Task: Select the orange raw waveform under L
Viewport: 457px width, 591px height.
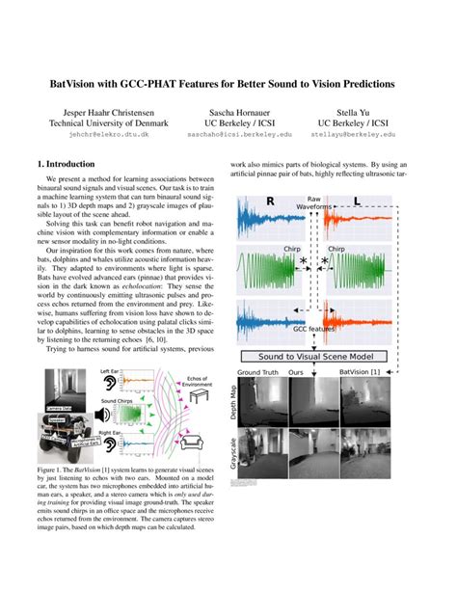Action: coord(364,223)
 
